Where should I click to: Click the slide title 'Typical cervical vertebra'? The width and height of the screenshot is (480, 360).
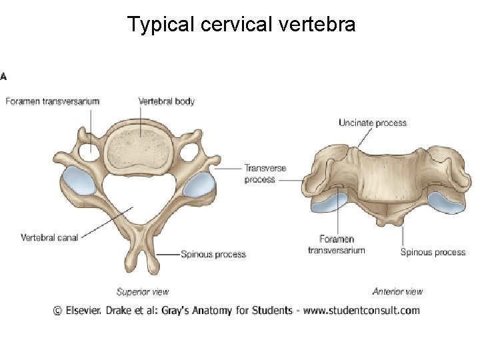tap(241, 25)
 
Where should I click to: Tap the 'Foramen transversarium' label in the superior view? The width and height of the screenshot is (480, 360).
tap(53, 101)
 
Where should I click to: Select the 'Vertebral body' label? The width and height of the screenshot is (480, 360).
tap(166, 101)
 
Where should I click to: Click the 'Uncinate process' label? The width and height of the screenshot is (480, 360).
tap(372, 123)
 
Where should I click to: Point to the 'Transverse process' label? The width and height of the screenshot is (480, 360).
tap(265, 173)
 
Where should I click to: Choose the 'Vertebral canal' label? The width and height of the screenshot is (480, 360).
tap(49, 237)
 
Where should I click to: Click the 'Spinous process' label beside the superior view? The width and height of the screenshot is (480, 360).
tap(213, 254)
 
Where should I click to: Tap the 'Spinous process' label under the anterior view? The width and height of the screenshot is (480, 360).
tap(433, 252)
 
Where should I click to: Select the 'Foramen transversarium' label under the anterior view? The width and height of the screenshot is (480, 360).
tap(336, 245)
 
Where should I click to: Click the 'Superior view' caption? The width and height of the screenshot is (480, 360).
tap(143, 291)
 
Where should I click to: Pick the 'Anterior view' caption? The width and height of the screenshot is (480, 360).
tap(397, 291)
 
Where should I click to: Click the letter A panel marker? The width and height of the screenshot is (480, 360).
tap(4, 76)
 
